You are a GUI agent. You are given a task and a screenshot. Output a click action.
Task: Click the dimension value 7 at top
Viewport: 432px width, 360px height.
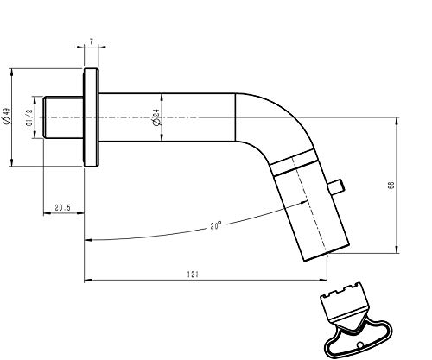tap(92, 41)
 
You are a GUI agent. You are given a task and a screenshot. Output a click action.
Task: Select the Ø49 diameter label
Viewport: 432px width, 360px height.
tap(6, 117)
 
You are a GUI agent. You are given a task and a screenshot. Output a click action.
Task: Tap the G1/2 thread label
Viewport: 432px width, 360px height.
tap(29, 117)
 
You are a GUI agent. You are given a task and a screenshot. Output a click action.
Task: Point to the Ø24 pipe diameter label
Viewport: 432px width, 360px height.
tap(156, 117)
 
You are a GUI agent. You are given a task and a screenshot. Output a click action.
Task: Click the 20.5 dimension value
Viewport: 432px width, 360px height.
tap(63, 207)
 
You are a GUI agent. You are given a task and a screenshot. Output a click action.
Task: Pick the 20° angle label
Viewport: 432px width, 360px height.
tap(216, 225)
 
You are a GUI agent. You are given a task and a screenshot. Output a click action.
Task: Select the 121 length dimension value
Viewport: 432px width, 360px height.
tap(193, 275)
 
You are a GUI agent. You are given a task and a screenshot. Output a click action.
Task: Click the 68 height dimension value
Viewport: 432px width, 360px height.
tap(391, 185)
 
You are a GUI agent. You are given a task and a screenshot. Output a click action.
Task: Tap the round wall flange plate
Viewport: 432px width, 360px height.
tap(91, 117)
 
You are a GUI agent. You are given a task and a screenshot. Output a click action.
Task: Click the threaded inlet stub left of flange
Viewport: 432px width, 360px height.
tap(63, 117)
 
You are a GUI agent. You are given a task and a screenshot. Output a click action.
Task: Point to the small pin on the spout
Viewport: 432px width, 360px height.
tap(337, 186)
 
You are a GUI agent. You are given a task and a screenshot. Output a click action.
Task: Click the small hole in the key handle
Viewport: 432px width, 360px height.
tap(359, 345)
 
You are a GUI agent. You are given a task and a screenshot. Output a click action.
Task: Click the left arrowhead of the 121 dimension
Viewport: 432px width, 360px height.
tap(87, 280)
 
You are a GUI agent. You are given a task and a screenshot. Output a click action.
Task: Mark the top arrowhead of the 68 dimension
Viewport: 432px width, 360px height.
tap(397, 121)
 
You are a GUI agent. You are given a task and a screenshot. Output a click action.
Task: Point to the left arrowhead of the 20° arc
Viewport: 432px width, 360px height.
tap(88, 240)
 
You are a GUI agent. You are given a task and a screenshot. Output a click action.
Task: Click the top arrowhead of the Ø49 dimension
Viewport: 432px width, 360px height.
tap(11, 73)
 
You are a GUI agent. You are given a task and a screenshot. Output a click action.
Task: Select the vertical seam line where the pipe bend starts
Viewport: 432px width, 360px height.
tap(236, 117)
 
